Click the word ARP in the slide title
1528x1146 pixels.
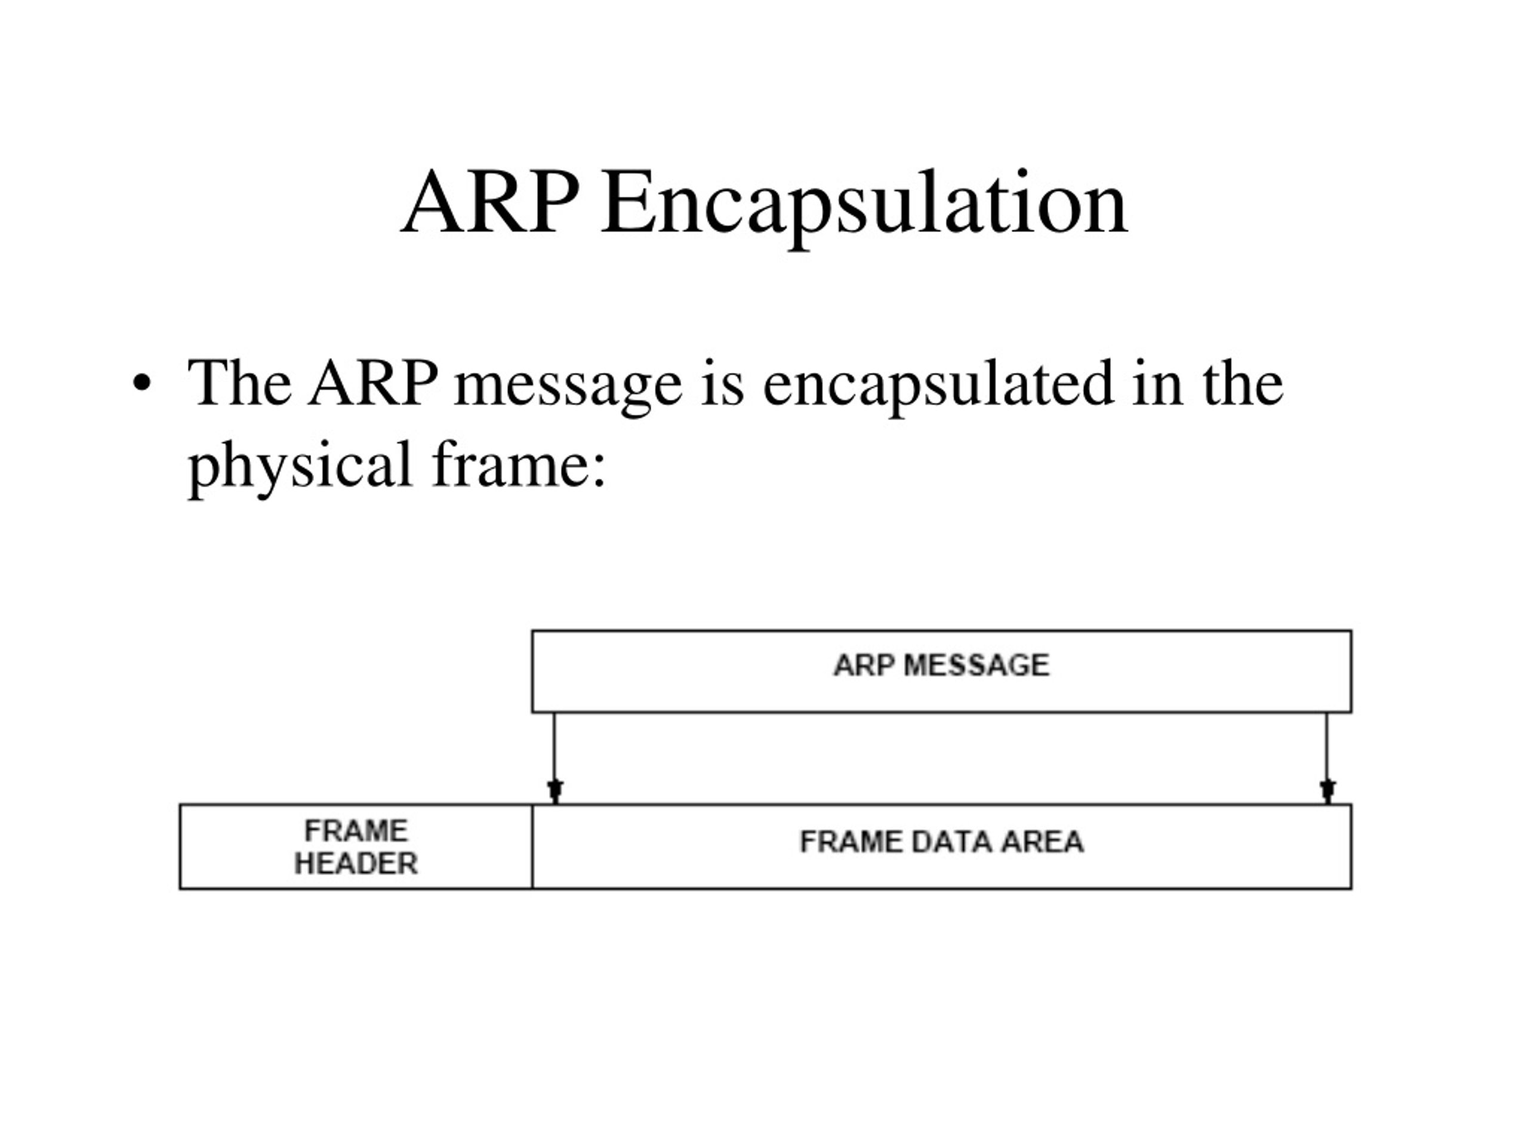tap(490, 204)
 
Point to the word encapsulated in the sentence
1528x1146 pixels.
tap(939, 386)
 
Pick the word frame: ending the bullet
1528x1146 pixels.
tap(519, 464)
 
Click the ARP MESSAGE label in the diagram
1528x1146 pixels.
tap(941, 666)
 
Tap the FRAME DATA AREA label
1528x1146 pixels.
tap(941, 842)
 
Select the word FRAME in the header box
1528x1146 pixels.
tap(356, 831)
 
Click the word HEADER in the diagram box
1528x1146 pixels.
tap(356, 864)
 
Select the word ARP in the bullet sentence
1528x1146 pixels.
tap(373, 383)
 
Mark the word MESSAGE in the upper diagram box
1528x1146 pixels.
tap(976, 666)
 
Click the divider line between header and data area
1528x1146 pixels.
tap(532, 847)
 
